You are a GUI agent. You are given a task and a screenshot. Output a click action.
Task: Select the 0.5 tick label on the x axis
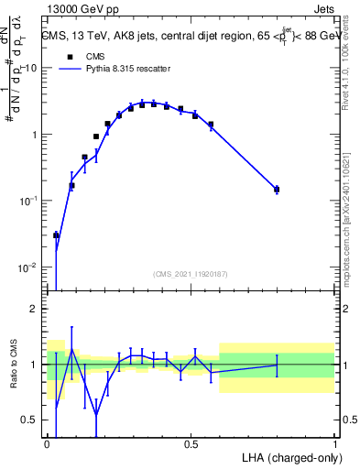coord(191,444)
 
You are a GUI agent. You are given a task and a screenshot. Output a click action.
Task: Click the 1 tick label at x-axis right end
coord(334,444)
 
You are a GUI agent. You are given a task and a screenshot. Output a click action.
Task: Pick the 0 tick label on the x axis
coord(47,444)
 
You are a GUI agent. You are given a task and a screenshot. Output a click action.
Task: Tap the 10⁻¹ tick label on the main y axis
coord(27,201)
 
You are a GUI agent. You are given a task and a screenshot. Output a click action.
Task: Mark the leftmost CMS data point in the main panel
coord(56,235)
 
